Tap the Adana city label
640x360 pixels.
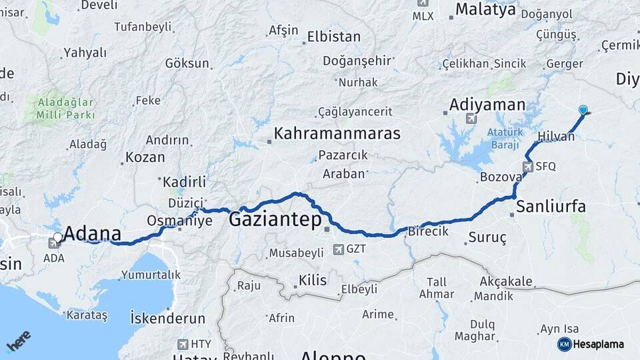pyautogui.click(x=93, y=234)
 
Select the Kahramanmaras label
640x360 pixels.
pyautogui.click(x=337, y=133)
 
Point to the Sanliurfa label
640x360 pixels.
pyautogui.click(x=551, y=207)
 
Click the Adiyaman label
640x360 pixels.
pyautogui.click(x=487, y=105)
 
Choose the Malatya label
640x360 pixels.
pyautogui.click(x=485, y=9)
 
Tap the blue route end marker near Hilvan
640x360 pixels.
pyautogui.click(x=583, y=110)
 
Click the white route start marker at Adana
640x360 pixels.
pyautogui.click(x=58, y=237)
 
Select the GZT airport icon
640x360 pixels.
pyautogui.click(x=339, y=250)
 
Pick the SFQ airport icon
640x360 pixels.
pyautogui.click(x=528, y=166)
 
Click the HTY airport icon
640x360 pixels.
pyautogui.click(x=183, y=344)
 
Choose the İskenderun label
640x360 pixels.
pyautogui.click(x=168, y=317)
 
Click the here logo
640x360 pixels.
pyautogui.click(x=18, y=341)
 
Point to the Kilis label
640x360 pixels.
pyautogui.click(x=313, y=280)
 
